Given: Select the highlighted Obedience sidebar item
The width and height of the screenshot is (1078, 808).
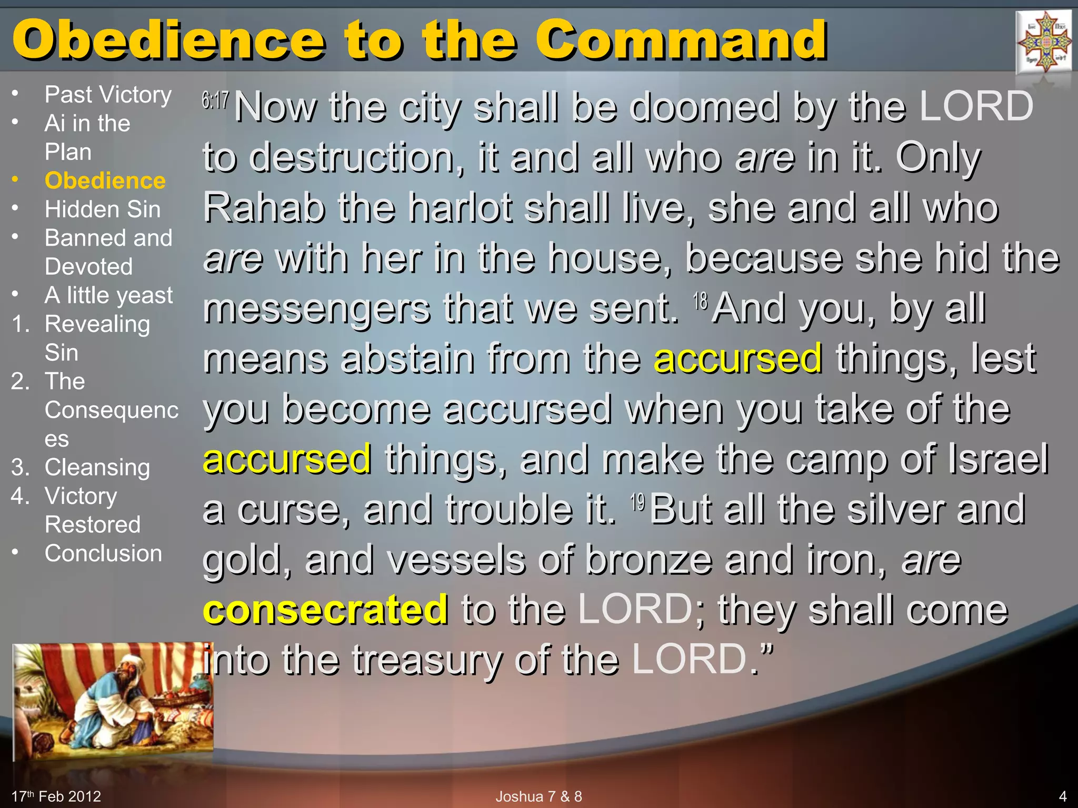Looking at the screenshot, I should coord(105,180).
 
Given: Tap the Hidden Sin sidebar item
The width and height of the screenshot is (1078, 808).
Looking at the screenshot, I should coord(103,209).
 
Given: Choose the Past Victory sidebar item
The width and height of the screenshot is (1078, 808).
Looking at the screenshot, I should coord(108,95).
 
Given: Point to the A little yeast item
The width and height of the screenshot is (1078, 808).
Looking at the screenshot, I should coord(108,295).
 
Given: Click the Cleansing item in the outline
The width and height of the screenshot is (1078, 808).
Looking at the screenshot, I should coord(97,467).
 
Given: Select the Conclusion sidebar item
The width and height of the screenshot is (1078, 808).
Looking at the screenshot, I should coord(103,553).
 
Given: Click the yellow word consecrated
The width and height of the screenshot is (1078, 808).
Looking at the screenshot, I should coord(325,609).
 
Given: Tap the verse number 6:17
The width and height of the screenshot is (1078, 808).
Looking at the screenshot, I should coord(215,100).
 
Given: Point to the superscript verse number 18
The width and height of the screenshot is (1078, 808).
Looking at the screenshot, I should coord(700,301).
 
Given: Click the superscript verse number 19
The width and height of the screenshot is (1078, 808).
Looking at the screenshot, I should coord(637,502).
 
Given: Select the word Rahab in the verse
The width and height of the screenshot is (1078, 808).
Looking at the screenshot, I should coord(263,207).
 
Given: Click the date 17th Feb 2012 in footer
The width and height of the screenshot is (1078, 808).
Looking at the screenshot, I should coord(56,796).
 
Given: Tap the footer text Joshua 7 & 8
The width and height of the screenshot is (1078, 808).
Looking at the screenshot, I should coord(538,796).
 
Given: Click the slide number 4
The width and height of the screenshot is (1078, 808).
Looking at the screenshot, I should coord(1062,796).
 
